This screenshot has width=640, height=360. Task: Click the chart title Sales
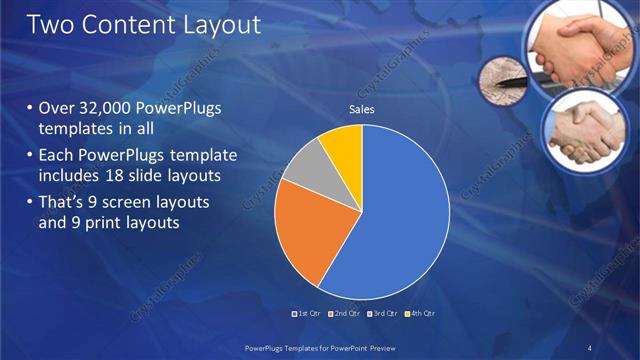(361, 109)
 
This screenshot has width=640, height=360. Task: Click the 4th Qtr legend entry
(421, 313)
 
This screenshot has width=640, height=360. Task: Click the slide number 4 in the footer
(588, 347)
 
